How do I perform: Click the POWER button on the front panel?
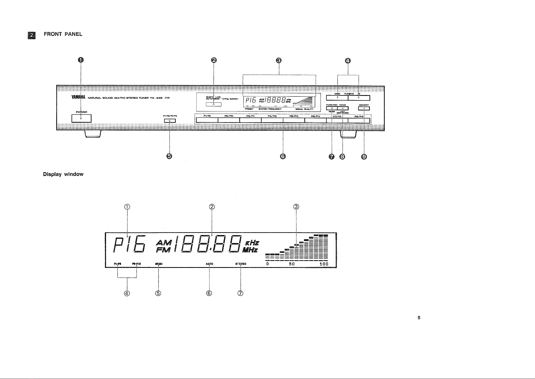pos(81,118)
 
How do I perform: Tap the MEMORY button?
pos(364,108)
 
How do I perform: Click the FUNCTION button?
pos(332,108)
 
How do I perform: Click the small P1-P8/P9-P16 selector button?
pos(170,121)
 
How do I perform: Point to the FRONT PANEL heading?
pos(63,34)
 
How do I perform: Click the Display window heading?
pos(63,174)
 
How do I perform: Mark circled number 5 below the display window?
pos(158,293)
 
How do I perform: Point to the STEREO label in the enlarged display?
pos(241,264)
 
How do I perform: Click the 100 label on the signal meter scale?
pos(324,264)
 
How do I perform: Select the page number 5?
pos(419,318)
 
